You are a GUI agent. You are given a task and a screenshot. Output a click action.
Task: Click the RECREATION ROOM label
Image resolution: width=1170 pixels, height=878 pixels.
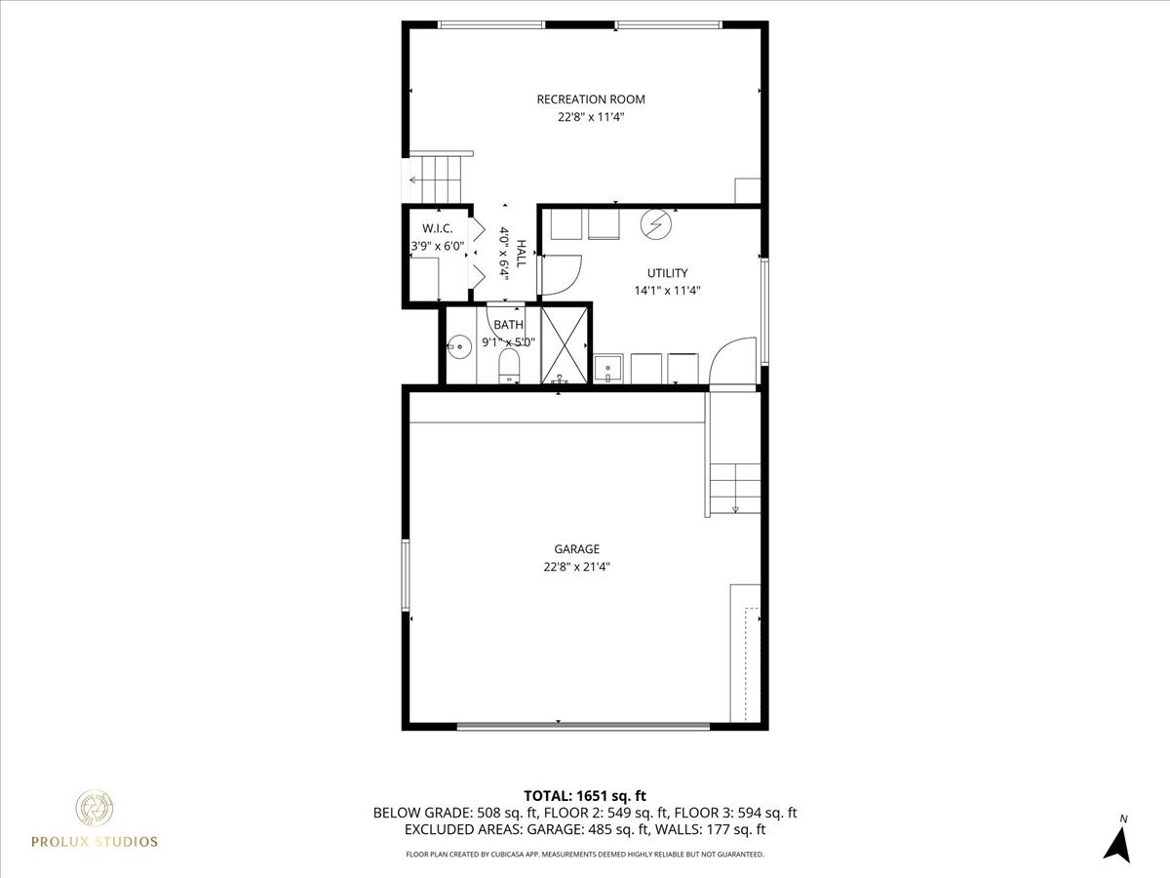(591, 100)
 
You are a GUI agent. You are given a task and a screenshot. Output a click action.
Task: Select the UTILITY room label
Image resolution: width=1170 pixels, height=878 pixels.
(668, 273)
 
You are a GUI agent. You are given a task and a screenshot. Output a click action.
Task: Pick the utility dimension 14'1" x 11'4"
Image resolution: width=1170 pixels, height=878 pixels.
(668, 290)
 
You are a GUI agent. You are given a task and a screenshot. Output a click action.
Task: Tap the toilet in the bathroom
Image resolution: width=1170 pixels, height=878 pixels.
(508, 366)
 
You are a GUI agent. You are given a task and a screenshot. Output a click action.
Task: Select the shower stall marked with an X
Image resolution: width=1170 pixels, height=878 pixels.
(565, 344)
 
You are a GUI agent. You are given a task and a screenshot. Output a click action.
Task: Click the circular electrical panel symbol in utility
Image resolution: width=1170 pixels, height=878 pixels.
(655, 224)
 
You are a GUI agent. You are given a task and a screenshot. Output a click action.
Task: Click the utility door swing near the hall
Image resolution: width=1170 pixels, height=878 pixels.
(560, 274)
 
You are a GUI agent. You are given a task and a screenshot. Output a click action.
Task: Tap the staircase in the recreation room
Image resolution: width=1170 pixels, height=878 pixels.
(439, 177)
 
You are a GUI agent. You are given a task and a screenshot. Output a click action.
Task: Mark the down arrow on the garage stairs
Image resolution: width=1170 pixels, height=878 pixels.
(735, 506)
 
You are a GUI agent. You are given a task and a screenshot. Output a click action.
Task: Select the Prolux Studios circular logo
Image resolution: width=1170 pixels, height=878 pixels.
(96, 809)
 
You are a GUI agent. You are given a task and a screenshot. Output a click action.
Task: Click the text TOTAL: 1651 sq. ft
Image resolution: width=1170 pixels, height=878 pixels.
(585, 795)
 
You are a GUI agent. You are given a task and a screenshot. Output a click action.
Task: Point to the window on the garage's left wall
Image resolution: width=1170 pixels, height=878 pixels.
(406, 575)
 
